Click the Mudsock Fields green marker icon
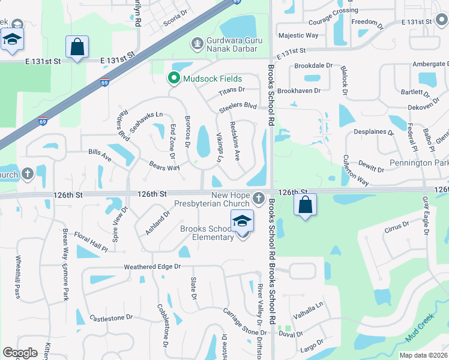tap(174, 78)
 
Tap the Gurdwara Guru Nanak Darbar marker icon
tap(196, 43)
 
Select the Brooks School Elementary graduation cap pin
tap(242, 222)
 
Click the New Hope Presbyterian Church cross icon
tap(258, 198)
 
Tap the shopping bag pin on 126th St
tap(306, 205)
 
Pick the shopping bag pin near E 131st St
tap(77, 47)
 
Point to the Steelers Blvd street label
tap(238, 105)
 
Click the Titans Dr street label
tap(232, 90)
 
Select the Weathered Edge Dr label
tap(152, 266)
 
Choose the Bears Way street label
tap(164, 165)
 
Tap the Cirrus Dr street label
tap(397, 226)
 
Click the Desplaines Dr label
tap(373, 131)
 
